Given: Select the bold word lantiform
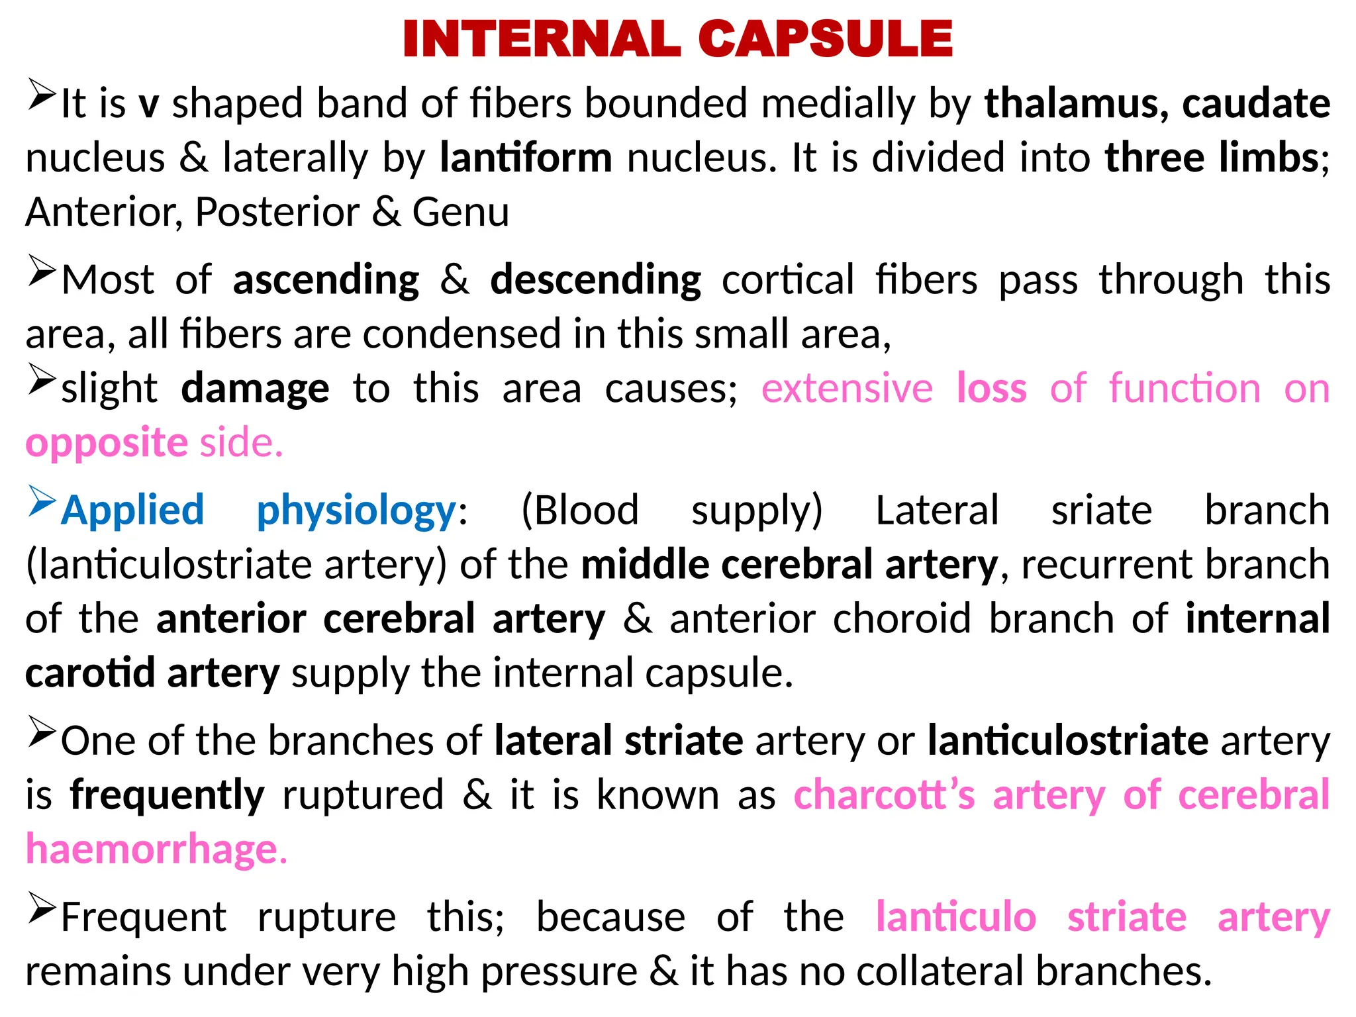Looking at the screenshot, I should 526,158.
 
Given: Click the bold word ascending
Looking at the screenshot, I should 326,280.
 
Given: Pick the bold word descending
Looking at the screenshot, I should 595,280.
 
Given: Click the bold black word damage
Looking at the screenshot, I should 255,389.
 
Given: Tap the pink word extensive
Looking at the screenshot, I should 847,389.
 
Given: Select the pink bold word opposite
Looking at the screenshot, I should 107,443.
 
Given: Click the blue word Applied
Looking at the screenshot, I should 132,510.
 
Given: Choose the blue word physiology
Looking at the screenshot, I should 356,512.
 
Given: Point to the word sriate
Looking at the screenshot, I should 1101,510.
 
